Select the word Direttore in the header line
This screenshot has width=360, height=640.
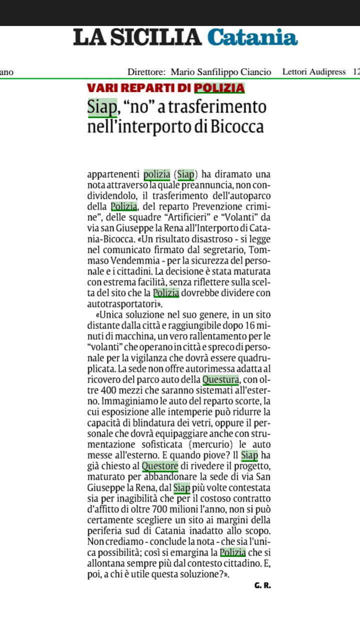146,72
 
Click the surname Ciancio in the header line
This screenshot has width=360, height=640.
255,72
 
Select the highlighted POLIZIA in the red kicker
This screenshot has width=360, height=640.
219,88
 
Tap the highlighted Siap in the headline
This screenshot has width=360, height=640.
102,106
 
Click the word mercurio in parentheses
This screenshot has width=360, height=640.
207,445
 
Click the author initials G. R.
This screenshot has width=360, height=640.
262,585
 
